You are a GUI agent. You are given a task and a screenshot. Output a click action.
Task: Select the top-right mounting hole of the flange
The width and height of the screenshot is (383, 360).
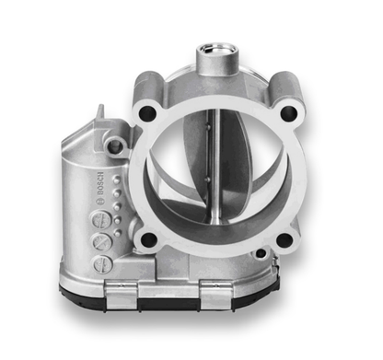click(288, 113)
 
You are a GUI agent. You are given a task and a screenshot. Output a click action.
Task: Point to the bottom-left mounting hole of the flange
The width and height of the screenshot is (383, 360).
click(147, 241)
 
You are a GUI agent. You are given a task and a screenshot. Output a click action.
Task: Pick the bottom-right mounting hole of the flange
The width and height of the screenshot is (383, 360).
click(284, 240)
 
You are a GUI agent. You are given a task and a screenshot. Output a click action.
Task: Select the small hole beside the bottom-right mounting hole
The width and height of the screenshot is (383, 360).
click(261, 252)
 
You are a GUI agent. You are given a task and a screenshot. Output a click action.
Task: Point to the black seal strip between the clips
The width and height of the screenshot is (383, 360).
click(170, 298)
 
